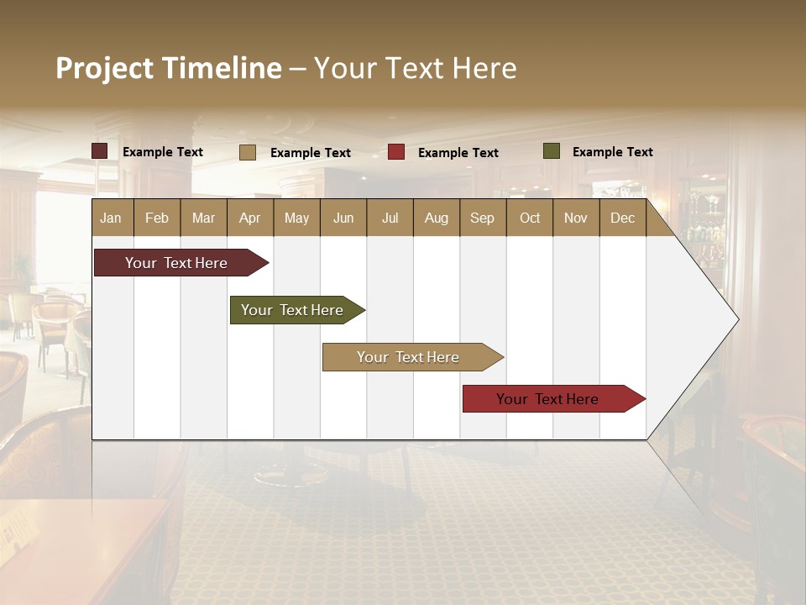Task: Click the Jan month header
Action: pos(111,218)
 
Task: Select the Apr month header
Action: pos(250,218)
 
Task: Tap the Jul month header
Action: pos(390,218)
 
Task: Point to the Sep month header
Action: pos(482,218)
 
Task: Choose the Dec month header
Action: pos(622,218)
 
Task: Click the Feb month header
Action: pos(157,218)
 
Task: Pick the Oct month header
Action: pos(530,218)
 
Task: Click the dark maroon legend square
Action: pos(100,151)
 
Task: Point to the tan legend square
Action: pos(248,152)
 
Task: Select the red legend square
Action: pos(396,152)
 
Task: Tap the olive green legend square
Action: pos(552,151)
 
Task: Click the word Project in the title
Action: pos(105,68)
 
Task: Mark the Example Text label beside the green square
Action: pos(612,152)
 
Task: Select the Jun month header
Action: pos(343,218)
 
